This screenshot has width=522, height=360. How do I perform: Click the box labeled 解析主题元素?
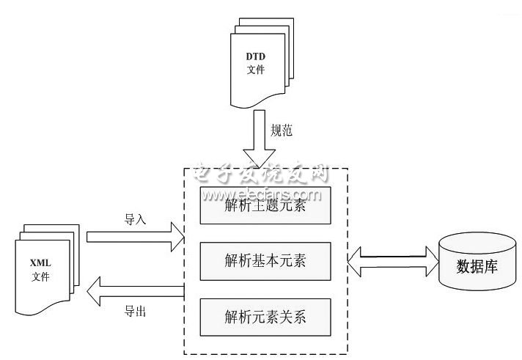[265, 205]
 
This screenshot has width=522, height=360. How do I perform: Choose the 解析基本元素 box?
[265, 260]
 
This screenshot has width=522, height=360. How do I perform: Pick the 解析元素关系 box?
[265, 317]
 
